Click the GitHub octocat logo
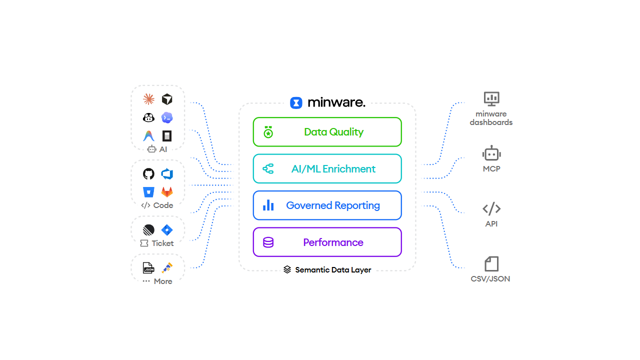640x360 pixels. [148, 173]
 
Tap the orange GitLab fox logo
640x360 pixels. [167, 192]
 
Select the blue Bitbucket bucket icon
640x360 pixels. [148, 192]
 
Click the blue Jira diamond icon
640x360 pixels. [167, 230]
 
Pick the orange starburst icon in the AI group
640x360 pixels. [148, 99]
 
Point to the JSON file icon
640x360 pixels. [148, 268]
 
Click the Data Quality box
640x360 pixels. [327, 131]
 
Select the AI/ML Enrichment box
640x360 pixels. [327, 168]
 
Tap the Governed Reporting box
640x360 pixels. [327, 205]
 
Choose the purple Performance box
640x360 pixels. [327, 242]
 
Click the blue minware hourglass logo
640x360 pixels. [296, 103]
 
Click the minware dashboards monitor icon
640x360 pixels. [491, 99]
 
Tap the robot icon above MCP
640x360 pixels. [491, 153]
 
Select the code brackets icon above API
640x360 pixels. [491, 208]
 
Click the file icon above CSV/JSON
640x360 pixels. [491, 263]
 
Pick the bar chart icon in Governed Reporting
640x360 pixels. [268, 205]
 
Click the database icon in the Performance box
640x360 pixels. [268, 242]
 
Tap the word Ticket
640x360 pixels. [162, 243]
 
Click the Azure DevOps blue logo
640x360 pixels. [167, 173]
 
